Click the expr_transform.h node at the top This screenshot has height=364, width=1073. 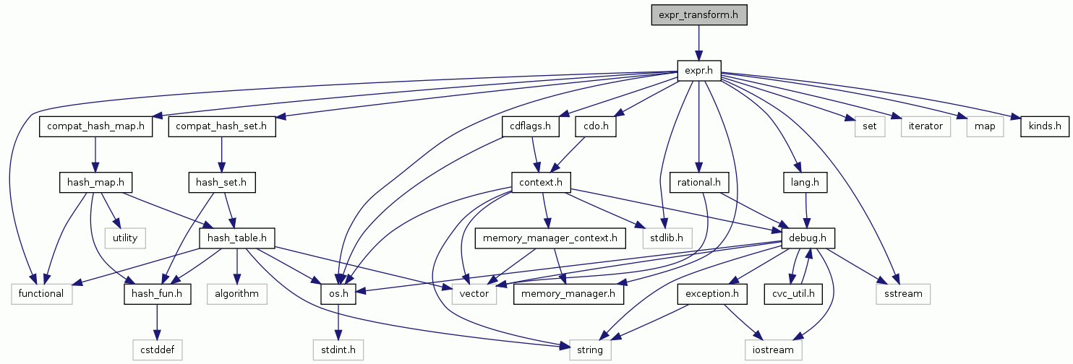(x=698, y=14)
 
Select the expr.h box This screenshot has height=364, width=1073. (x=698, y=71)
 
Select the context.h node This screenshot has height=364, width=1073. (x=542, y=182)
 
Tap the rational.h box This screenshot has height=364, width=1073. (x=698, y=182)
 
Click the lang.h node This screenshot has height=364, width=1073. (x=804, y=182)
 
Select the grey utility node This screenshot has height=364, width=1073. (x=125, y=238)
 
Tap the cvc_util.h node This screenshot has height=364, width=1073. (x=794, y=294)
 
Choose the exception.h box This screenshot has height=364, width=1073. (x=712, y=294)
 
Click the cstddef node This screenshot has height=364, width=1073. (x=158, y=350)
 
